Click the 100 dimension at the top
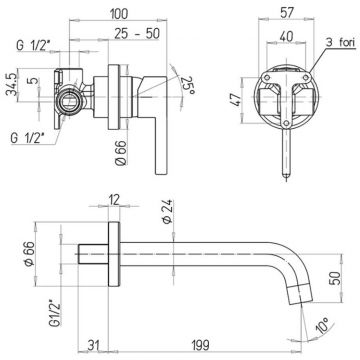pyautogui.click(x=118, y=14)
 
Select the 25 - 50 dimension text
pyautogui.click(x=137, y=33)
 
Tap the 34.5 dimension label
pyautogui.click(x=11, y=84)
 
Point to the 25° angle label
pyautogui.click(x=187, y=85)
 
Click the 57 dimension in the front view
pyautogui.click(x=286, y=12)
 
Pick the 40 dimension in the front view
pyautogui.click(x=286, y=36)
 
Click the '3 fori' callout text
pyautogui.click(x=340, y=42)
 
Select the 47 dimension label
pyautogui.click(x=234, y=100)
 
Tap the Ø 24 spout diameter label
pyautogui.click(x=167, y=211)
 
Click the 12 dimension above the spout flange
pyautogui.click(x=114, y=200)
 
